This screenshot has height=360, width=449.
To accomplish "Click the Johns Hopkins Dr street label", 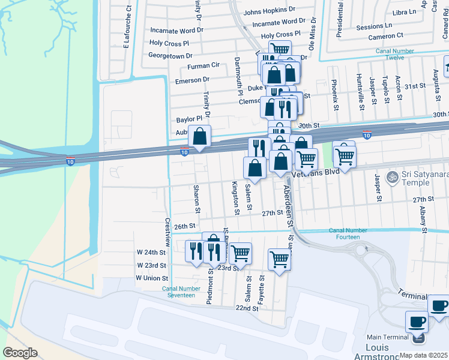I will pyautogui.click(x=270, y=10).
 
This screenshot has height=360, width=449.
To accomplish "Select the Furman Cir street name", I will pyautogui.click(x=203, y=65).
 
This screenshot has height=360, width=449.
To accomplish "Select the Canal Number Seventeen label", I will pyautogui.click(x=181, y=292).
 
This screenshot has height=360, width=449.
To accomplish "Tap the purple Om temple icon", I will pyautogui.click(x=393, y=177).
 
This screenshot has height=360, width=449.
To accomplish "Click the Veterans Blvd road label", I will pyautogui.click(x=315, y=172).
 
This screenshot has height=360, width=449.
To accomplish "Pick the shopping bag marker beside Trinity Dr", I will pyautogui.click(x=200, y=137).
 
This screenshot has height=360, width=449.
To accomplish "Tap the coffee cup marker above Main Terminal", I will pyautogui.click(x=417, y=322).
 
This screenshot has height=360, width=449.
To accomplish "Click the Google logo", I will pyautogui.click(x=20, y=353).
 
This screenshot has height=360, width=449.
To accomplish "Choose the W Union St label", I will pyautogui.click(x=151, y=278).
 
